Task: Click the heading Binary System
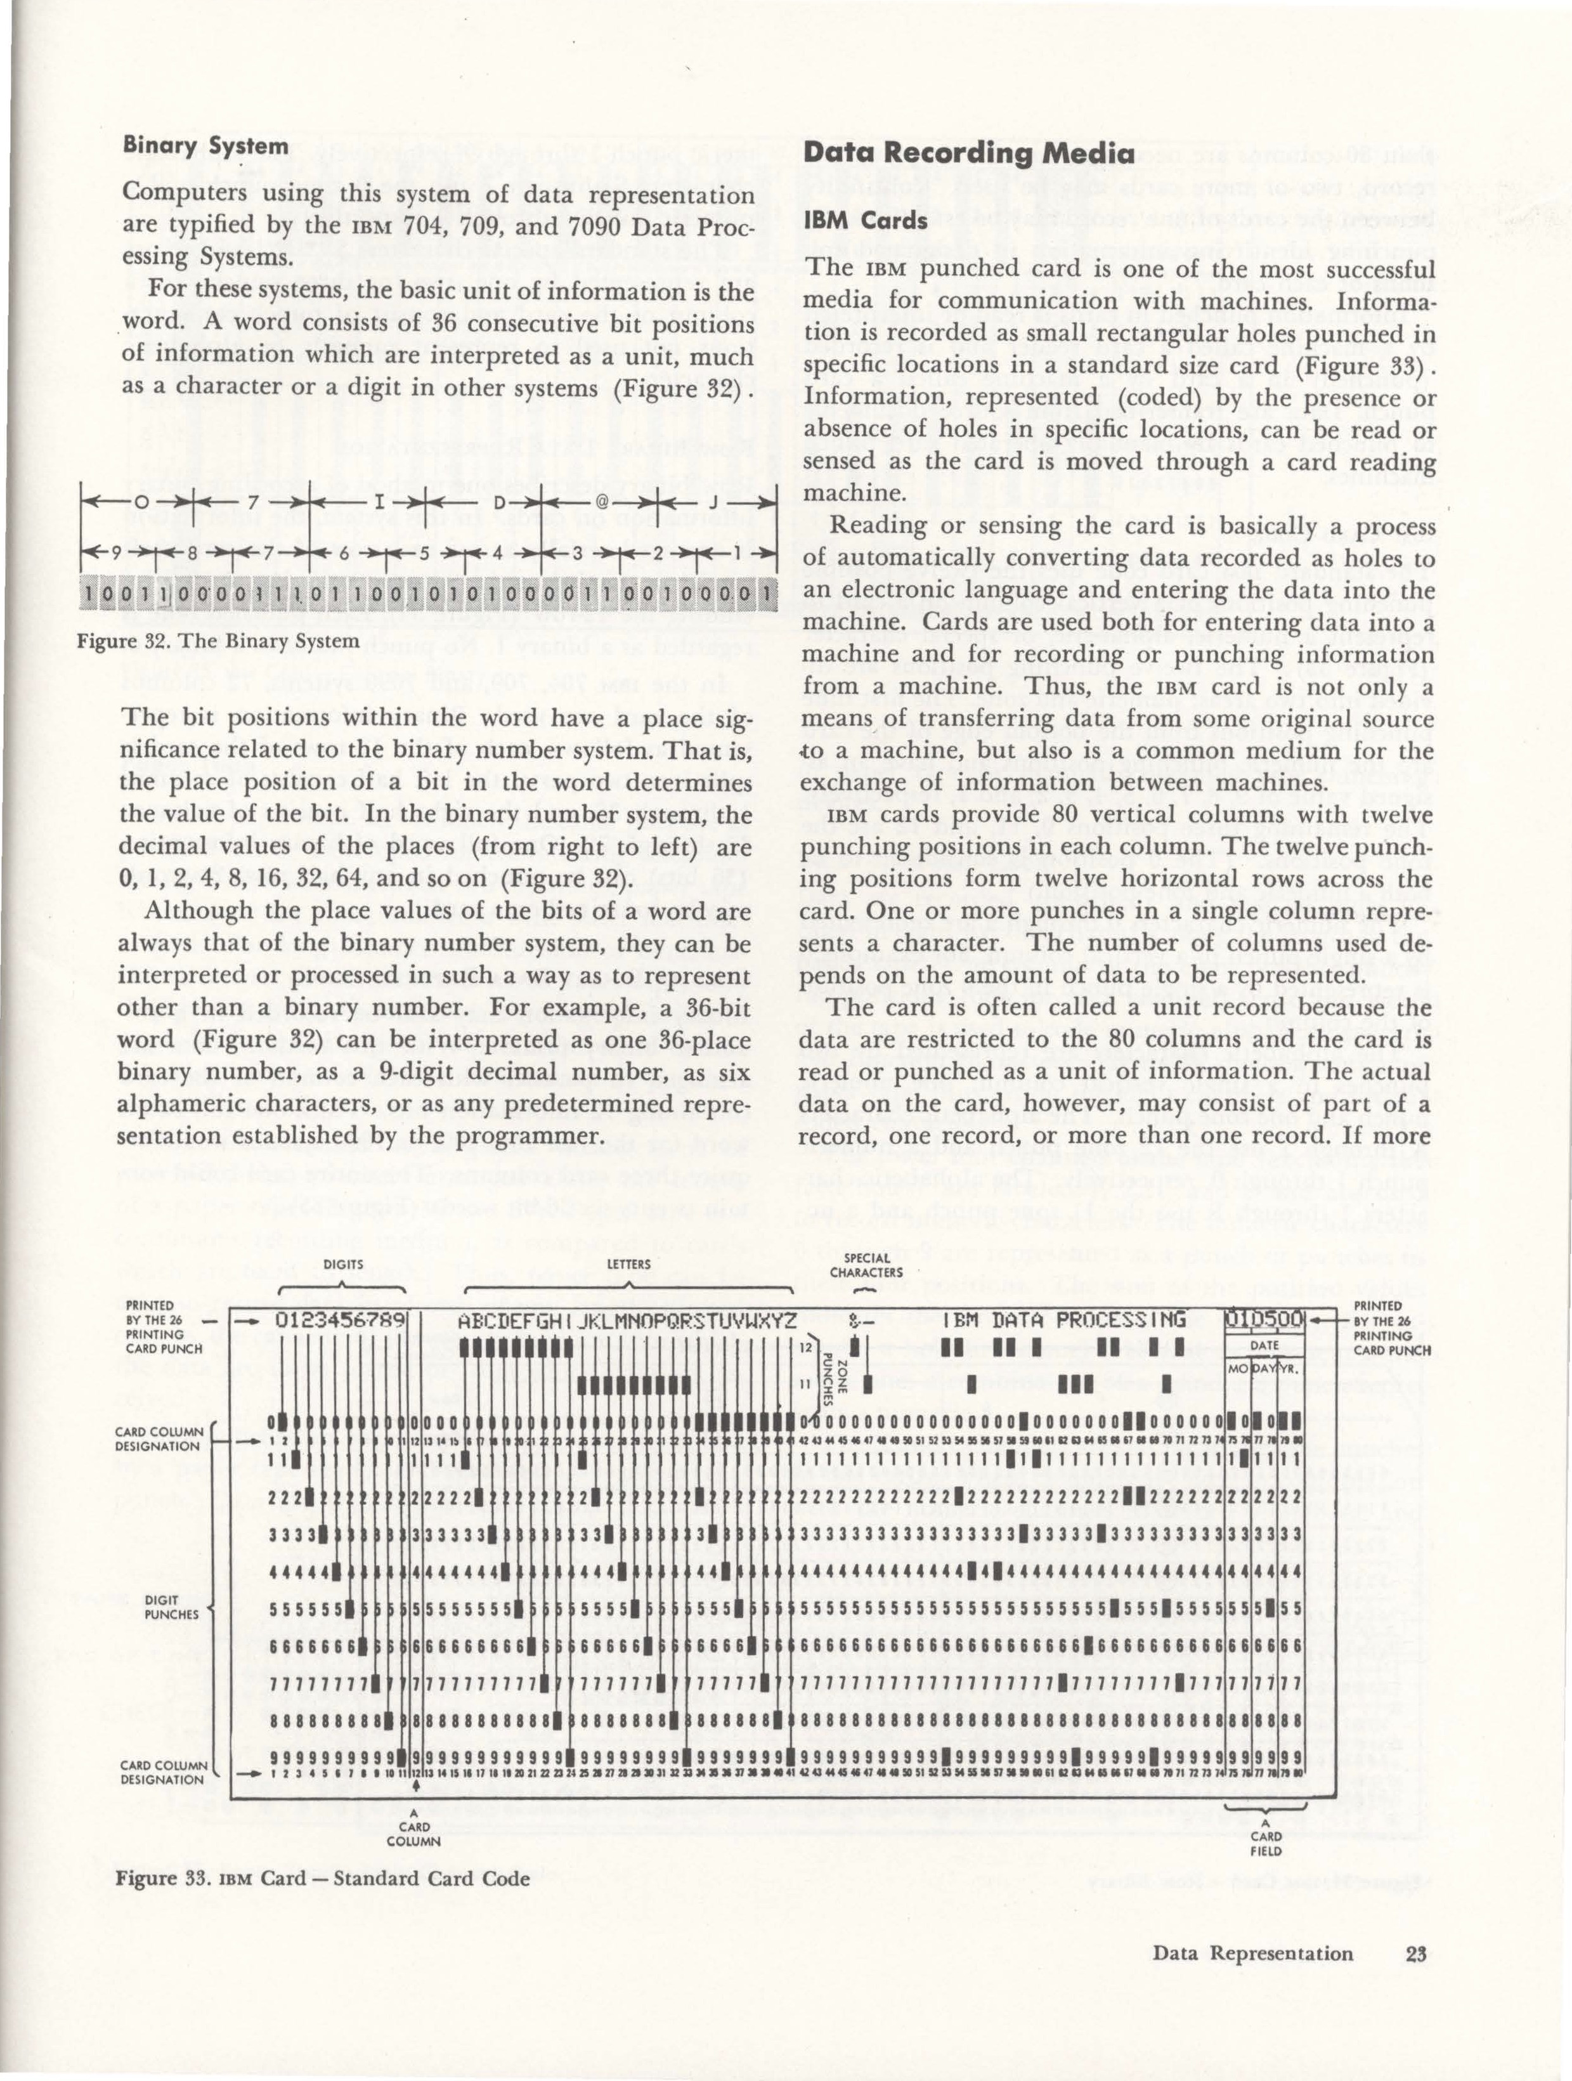tap(205, 146)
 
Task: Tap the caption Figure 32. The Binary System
tap(218, 642)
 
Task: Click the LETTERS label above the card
tap(628, 1263)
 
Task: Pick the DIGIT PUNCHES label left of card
tap(171, 1607)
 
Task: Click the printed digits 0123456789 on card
tap(341, 1322)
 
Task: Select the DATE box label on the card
tap(1263, 1345)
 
